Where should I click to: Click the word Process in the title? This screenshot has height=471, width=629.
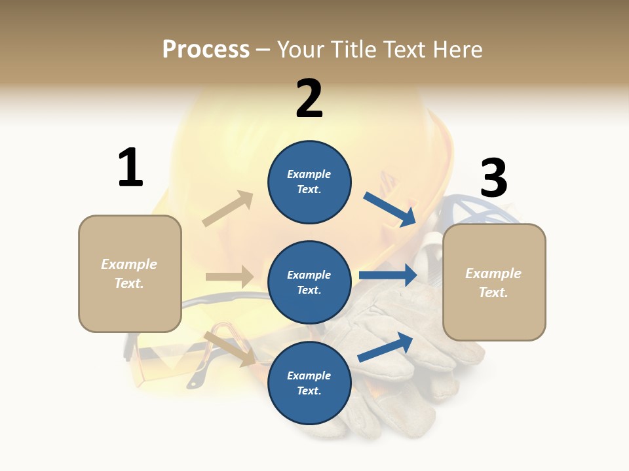(206, 50)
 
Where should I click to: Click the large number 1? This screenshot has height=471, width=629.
(130, 168)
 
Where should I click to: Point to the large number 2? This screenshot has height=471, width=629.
(309, 99)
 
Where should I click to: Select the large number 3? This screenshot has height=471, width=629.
(493, 179)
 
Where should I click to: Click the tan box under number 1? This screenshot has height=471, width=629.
(130, 273)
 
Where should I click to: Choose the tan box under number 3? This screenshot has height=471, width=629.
(494, 282)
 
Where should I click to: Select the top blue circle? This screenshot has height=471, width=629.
(309, 182)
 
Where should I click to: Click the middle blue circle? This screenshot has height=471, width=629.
(309, 282)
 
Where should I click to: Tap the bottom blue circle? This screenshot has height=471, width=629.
(309, 383)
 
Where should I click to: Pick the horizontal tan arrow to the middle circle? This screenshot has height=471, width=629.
(229, 277)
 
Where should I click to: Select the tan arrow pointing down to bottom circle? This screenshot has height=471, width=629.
(230, 349)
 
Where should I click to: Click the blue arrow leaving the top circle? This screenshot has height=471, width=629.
(390, 209)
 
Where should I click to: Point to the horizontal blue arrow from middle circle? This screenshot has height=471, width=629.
(388, 275)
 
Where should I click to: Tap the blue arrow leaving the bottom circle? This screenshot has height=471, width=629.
(385, 347)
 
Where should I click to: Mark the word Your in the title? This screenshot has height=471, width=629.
(301, 50)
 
